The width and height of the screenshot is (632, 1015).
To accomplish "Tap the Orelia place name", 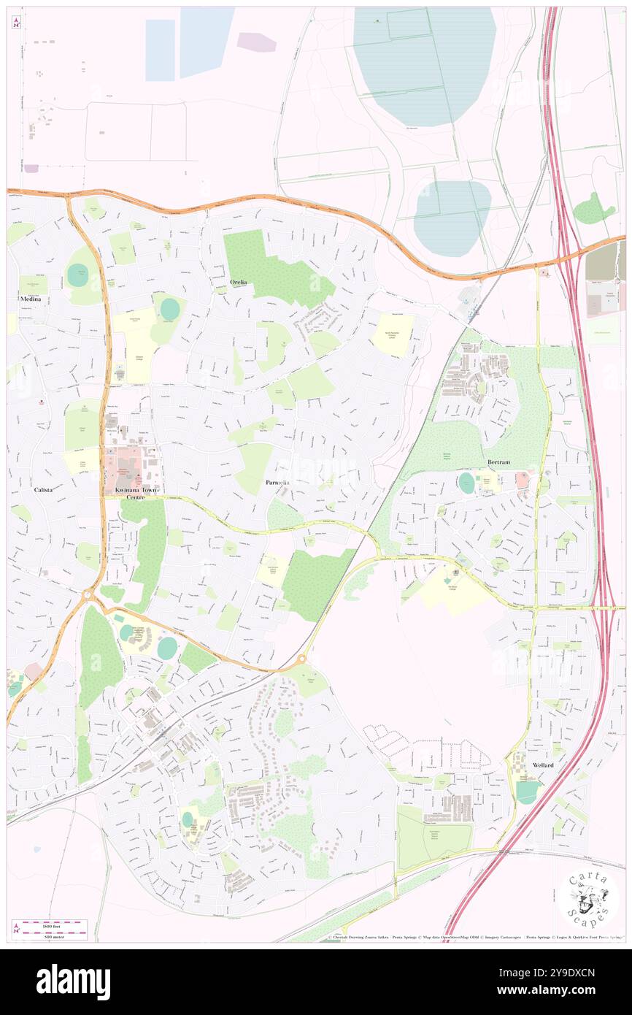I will [239, 282].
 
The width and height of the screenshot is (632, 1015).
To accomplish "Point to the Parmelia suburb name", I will [277, 483].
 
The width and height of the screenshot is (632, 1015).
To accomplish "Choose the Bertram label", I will [503, 463].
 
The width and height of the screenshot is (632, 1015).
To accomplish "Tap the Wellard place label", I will [542, 765].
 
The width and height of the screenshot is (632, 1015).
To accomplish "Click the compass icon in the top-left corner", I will [16, 23].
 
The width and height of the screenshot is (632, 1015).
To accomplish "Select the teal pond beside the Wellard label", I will [528, 792].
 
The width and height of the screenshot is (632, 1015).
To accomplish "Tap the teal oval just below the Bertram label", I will [466, 483].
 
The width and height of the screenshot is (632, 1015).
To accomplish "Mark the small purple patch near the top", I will [256, 42].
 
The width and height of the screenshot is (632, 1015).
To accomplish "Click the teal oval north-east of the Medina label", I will [77, 275].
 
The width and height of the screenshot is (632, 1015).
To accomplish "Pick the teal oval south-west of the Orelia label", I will [169, 309].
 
